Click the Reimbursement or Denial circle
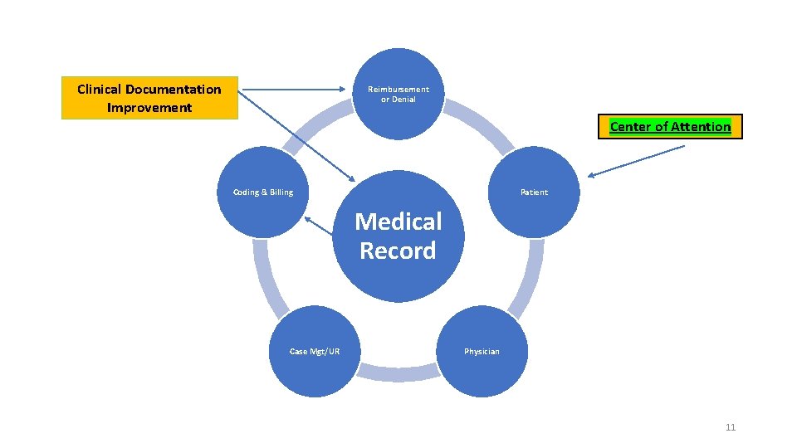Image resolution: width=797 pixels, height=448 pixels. click(398, 93)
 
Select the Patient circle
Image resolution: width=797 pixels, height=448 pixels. click(534, 192)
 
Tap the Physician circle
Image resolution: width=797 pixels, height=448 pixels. click(482, 352)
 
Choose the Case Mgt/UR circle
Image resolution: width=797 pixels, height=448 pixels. click(315, 352)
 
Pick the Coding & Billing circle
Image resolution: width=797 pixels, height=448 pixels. click(262, 192)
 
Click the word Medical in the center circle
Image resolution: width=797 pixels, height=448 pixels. click(398, 222)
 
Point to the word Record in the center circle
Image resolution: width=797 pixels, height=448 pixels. click(398, 251)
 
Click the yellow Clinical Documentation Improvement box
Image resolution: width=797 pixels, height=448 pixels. click(149, 98)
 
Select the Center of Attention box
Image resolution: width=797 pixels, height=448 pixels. click(670, 127)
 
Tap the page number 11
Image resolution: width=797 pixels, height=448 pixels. click(731, 427)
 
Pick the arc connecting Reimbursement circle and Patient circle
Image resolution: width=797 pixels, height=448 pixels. click(482, 125)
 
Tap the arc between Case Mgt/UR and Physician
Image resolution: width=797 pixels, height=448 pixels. click(398, 374)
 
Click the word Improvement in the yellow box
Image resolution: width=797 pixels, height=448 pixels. click(149, 108)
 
